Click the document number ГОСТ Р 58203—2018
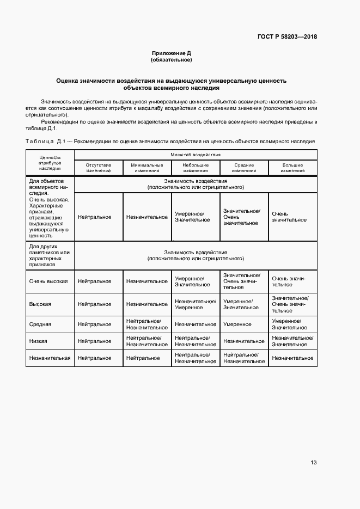tap(287, 37)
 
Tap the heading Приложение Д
tap(172, 53)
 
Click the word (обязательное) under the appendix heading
tap(172, 60)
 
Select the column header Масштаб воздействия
tap(195, 155)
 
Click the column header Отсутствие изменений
tap(98, 168)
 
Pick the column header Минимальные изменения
tap(147, 168)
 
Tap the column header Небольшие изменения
tap(195, 168)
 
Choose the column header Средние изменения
tap(245, 168)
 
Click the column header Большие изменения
tap(292, 168)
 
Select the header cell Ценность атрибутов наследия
tap(50, 162)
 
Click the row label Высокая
tap(40, 304)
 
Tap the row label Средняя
tap(40, 324)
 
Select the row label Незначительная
tap(50, 358)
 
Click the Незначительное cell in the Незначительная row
tap(292, 358)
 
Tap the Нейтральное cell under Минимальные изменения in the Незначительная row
tap(143, 358)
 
